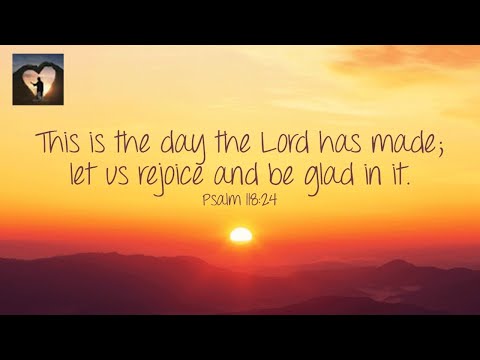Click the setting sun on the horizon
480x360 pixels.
tap(240, 235)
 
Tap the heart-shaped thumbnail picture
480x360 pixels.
tap(38, 79)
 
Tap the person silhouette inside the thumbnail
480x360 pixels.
tap(38, 88)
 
